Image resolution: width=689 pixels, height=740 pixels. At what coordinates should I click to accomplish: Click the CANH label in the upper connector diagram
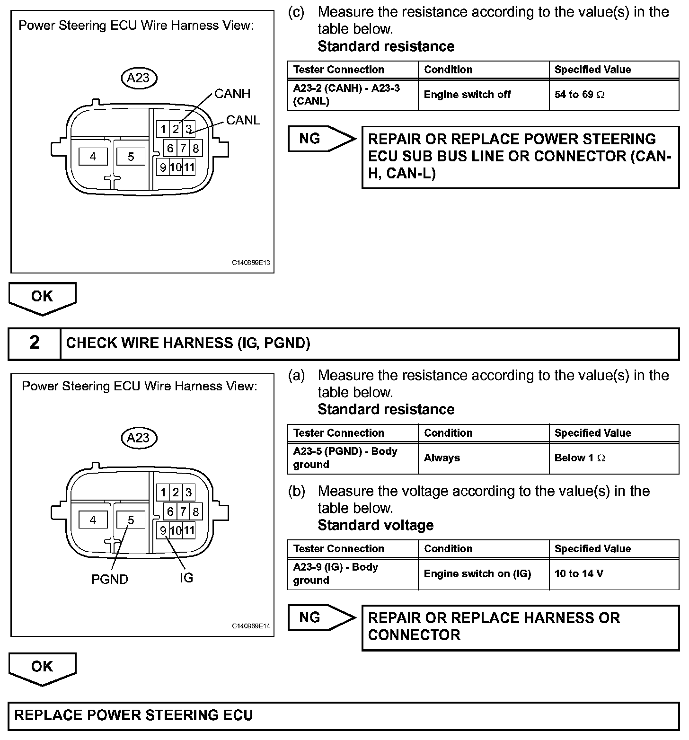[232, 94]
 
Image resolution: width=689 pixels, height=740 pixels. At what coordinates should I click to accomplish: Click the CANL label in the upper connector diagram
[243, 120]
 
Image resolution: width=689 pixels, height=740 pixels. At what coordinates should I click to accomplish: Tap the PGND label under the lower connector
[109, 579]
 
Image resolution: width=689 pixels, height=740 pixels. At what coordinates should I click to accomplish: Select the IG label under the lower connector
[186, 578]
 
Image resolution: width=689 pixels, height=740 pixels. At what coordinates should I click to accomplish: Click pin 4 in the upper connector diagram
[93, 156]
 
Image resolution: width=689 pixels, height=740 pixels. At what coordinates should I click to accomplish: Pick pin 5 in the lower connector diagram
[131, 520]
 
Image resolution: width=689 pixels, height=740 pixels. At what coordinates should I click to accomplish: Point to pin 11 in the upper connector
[189, 167]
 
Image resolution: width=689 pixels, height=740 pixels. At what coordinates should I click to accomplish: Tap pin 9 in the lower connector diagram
[163, 530]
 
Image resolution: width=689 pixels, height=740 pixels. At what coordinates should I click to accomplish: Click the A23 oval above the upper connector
[138, 78]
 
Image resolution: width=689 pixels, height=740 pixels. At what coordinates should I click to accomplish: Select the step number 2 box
[35, 343]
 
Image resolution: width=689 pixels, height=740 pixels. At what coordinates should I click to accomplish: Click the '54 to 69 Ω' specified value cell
[614, 95]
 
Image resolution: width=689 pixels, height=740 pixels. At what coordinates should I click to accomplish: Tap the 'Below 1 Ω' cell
[614, 458]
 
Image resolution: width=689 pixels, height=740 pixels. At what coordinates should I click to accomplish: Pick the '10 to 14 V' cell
[614, 574]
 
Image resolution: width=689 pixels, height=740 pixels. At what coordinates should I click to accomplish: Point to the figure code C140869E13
[251, 263]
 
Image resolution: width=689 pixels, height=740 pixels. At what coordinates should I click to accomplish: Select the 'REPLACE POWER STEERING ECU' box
[344, 715]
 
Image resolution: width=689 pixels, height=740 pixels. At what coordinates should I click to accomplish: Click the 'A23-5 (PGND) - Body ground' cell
[353, 458]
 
